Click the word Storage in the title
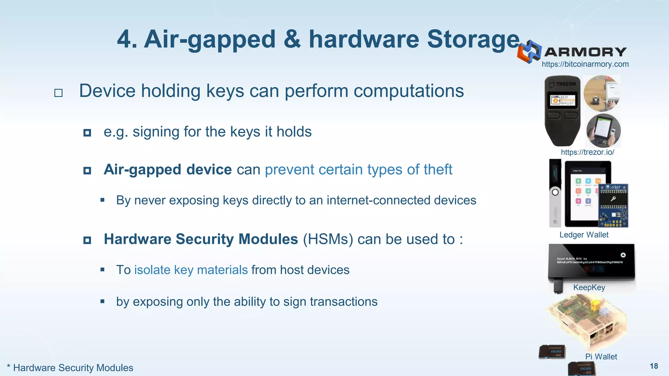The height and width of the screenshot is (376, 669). pyautogui.click(x=473, y=39)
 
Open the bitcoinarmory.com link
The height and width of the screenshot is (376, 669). pyautogui.click(x=585, y=64)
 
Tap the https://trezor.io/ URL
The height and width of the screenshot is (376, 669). pyautogui.click(x=587, y=152)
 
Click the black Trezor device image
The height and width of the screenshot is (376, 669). pyautogui.click(x=563, y=111)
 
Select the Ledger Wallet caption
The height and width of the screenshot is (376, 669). pyautogui.click(x=584, y=235)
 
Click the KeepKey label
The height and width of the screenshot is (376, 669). pyautogui.click(x=589, y=288)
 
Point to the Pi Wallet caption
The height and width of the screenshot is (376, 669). pyautogui.click(x=601, y=357)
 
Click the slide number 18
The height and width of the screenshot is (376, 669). pyautogui.click(x=654, y=366)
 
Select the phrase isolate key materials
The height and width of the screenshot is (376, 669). pyautogui.click(x=191, y=270)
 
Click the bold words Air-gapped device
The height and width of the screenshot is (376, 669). pyautogui.click(x=168, y=170)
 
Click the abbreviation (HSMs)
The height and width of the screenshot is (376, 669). pyautogui.click(x=328, y=239)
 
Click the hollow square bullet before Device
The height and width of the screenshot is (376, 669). pyautogui.click(x=58, y=93)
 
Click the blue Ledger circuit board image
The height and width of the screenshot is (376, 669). pyautogui.click(x=613, y=206)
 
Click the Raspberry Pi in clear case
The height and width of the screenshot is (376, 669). pyautogui.click(x=586, y=321)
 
